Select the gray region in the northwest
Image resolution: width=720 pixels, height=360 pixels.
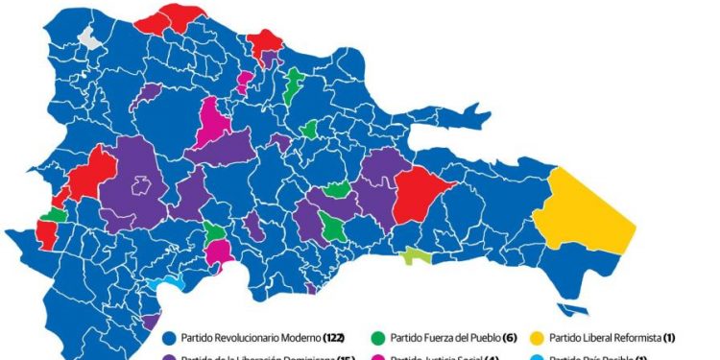coord(88,39)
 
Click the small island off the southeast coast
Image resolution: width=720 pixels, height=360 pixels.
coord(574,309)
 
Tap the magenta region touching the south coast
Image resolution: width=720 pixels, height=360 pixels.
coord(220,253)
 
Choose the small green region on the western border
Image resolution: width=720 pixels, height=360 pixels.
coord(55,214)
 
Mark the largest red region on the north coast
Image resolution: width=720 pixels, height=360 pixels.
coord(167,16)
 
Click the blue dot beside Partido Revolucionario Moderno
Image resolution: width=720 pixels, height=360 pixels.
coord(169,338)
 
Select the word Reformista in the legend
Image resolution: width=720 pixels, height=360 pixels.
coord(648,338)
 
